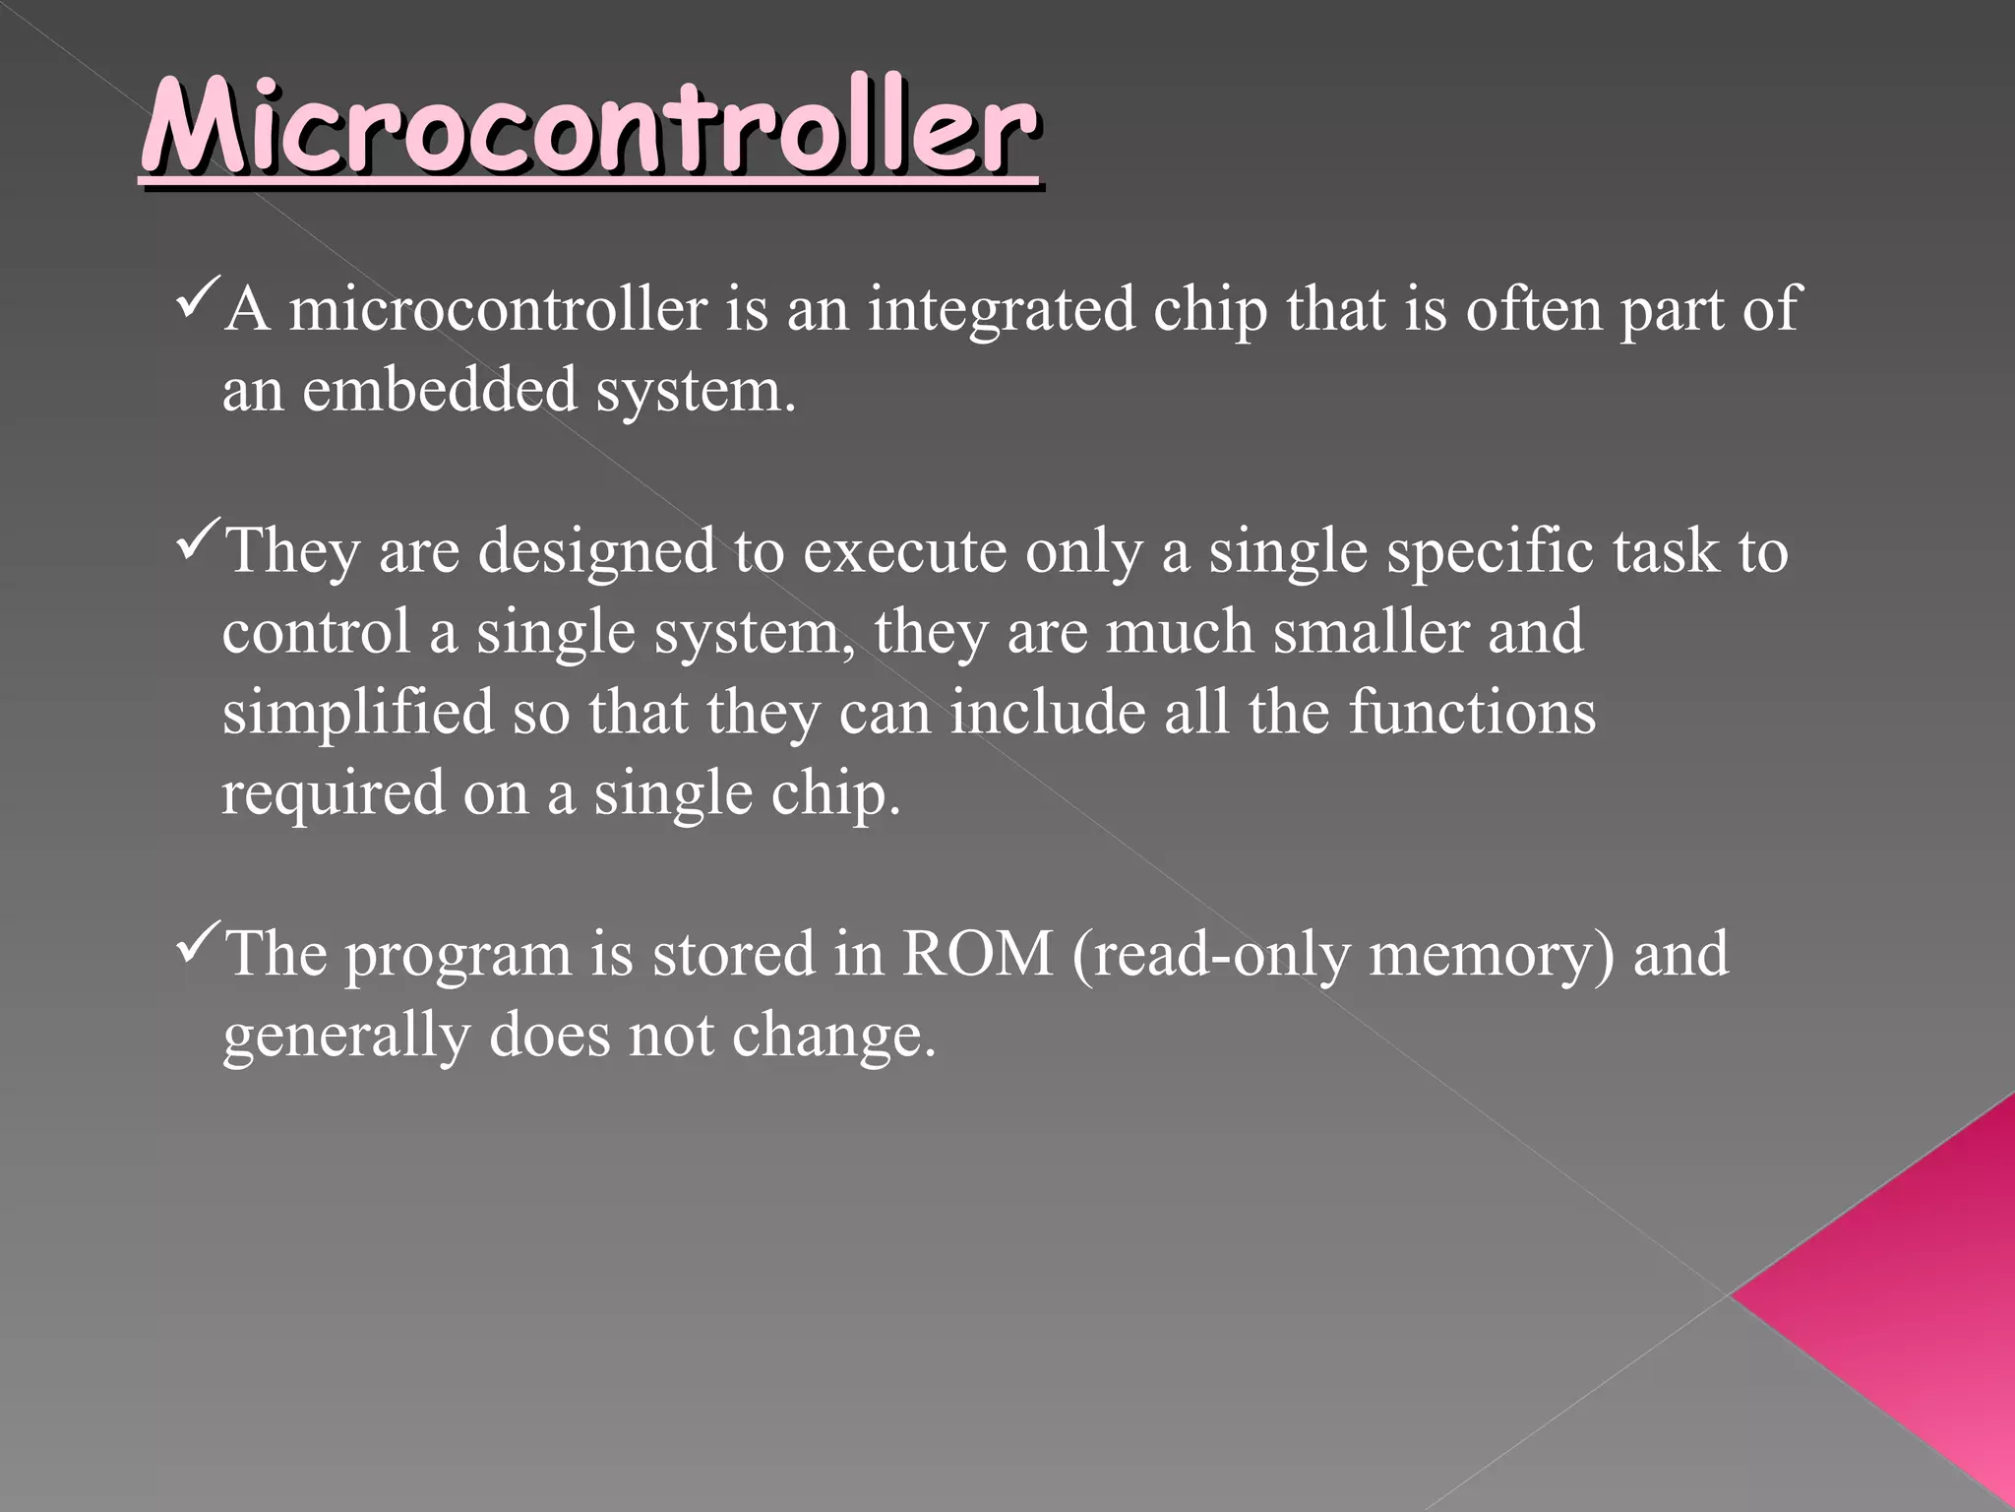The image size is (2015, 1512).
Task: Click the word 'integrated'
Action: point(1001,309)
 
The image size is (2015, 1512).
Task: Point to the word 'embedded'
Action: point(439,390)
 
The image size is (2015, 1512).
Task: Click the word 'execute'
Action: point(904,551)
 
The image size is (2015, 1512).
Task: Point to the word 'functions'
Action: point(1472,713)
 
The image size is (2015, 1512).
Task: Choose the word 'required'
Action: point(333,793)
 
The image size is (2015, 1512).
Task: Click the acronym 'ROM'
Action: point(977,955)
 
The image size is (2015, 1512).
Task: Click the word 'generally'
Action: point(345,1038)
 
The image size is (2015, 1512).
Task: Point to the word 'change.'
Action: point(833,1036)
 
